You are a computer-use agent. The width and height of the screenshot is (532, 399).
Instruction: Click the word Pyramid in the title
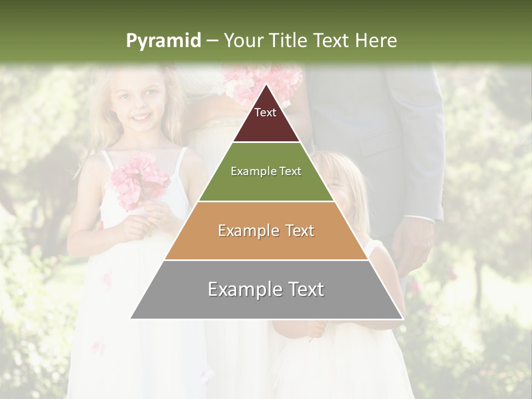point(163,41)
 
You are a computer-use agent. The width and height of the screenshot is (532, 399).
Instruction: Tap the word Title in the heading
point(290,41)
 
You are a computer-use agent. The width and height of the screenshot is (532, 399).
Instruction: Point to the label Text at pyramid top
point(265,112)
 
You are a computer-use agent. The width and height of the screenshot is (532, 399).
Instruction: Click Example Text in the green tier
point(266,171)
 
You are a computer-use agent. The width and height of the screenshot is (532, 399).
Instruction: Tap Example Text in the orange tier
point(266,231)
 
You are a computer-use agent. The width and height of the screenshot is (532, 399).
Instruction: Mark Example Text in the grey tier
point(266,289)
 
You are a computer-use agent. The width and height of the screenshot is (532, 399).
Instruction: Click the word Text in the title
point(332,41)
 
